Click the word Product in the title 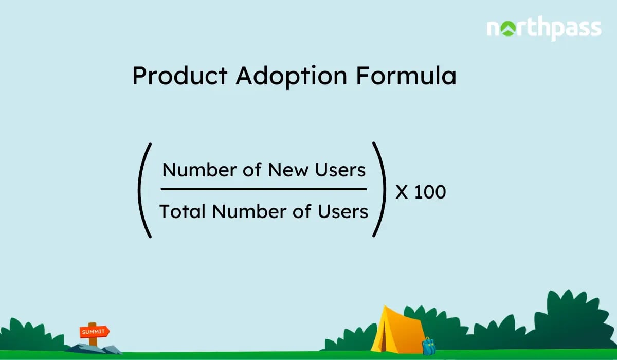point(179,77)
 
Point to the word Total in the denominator point(182,211)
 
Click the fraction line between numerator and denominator point(264,189)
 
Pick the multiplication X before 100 point(402,192)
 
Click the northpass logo point(543,29)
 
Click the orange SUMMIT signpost point(94,332)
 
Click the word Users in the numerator point(341,170)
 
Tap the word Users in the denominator point(343,211)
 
